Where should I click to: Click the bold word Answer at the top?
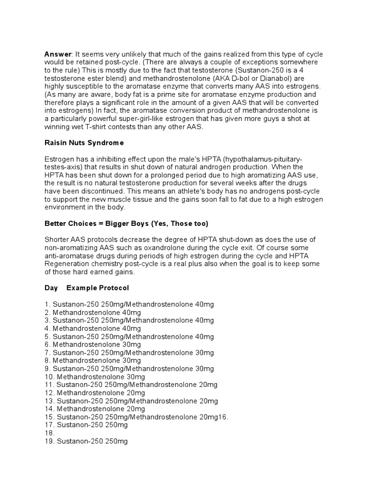[x=57, y=54]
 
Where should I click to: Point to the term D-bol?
[x=248, y=78]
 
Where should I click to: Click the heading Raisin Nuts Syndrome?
[x=84, y=143]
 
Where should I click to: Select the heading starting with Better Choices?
[x=126, y=223]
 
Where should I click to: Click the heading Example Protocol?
[x=98, y=288]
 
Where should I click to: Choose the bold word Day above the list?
[x=51, y=288]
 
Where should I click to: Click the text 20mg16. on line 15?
[x=214, y=417]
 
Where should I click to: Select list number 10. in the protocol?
[x=49, y=377]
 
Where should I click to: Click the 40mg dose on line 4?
[x=131, y=328]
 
